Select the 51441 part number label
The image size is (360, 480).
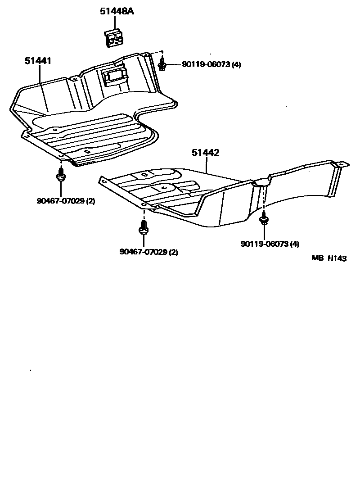pos(37,60)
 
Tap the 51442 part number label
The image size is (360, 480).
pos(205,153)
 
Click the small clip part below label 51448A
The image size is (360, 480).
pos(114,38)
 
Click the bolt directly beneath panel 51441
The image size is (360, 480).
pos(60,175)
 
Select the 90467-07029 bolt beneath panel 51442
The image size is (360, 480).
pos(143,227)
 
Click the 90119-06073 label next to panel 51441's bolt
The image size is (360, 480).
pos(211,64)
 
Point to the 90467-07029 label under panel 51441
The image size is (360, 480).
pos(66,201)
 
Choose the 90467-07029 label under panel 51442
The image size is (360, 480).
pos(148,252)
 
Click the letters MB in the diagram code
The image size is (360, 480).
pos(318,258)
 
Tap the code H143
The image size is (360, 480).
pos(337,258)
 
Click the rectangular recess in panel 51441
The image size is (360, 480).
pos(114,75)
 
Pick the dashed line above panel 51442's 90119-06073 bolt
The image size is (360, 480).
pos(264,198)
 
